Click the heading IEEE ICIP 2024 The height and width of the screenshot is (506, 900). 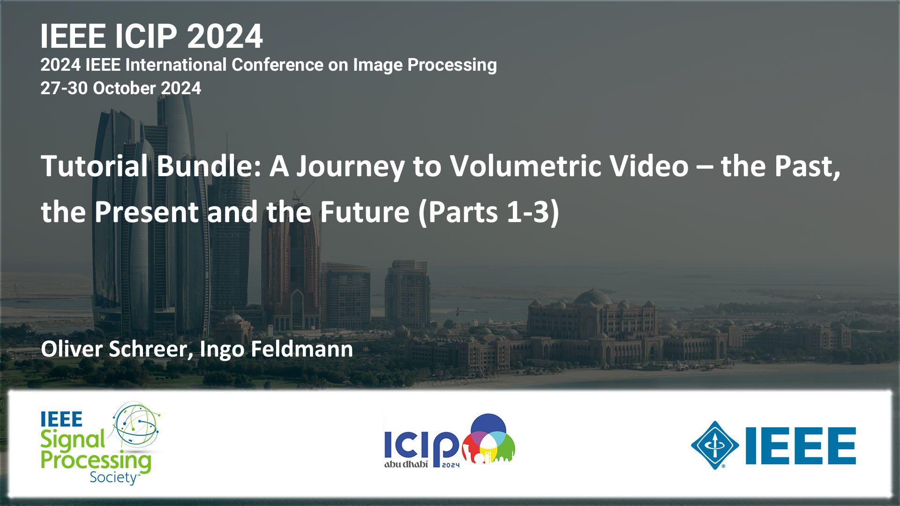coord(151,36)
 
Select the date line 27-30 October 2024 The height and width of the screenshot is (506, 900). coord(120,88)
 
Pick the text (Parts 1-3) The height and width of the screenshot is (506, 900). coord(488,212)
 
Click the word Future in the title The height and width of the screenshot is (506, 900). coord(364,212)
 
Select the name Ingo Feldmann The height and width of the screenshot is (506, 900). coord(276,350)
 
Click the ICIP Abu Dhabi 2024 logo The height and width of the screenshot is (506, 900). coord(450,440)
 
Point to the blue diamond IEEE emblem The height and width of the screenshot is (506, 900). coord(715,445)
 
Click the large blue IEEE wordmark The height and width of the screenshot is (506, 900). coord(801,446)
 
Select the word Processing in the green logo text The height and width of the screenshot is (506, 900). coord(96,461)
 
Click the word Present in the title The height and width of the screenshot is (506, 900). coord(146,212)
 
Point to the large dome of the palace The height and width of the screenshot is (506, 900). coord(593,298)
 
